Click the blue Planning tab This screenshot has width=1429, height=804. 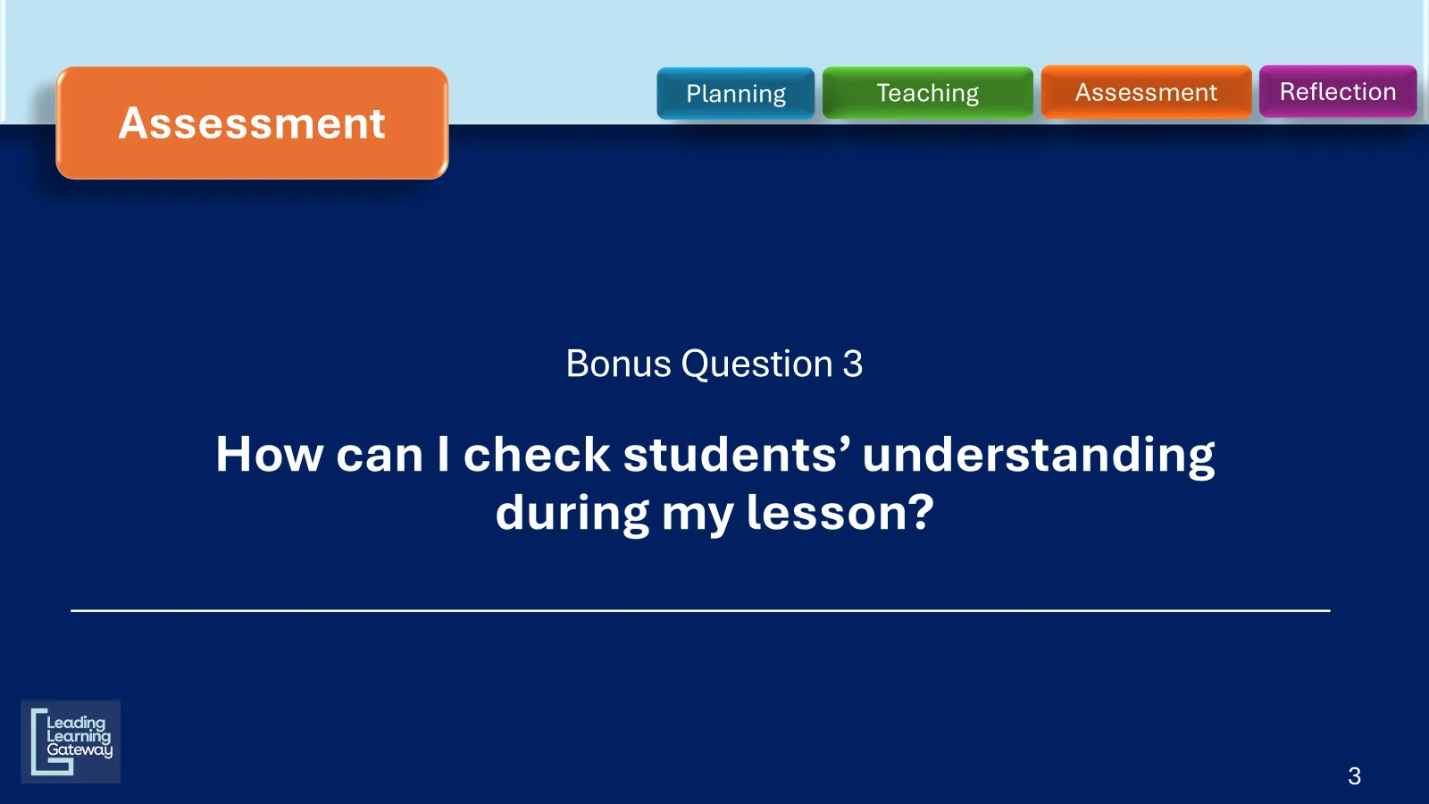736,93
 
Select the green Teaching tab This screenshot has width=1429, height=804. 928,93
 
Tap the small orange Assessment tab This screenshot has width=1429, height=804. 1147,92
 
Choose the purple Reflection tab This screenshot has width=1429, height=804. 1338,91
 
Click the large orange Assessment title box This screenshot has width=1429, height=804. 252,122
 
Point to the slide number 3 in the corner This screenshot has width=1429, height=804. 1354,776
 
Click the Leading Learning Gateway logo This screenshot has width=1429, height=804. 71,741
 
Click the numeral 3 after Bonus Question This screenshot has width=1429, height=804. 853,364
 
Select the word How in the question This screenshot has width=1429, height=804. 269,455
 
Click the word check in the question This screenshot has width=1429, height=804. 537,454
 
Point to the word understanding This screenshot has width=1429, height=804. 1039,456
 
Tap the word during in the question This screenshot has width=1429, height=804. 572,514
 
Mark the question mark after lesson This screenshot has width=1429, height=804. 921,512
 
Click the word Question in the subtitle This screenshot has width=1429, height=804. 756,364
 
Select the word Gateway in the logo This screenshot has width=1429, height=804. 79,750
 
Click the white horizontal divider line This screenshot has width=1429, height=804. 700,611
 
